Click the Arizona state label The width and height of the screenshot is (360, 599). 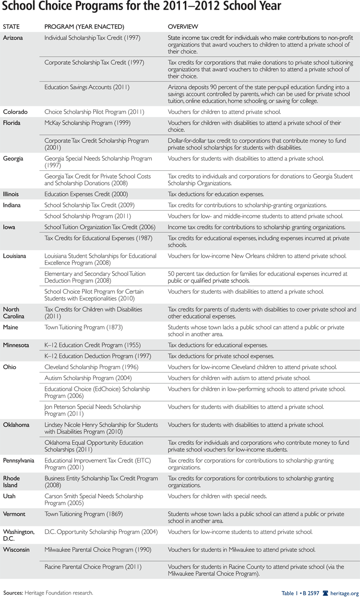(13, 38)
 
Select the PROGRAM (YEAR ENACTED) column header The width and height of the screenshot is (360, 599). (84, 26)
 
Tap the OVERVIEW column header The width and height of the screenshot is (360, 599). (183, 26)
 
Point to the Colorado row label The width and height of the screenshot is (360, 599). (15, 112)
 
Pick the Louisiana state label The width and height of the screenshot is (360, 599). (15, 256)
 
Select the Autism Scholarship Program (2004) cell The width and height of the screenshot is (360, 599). (85, 378)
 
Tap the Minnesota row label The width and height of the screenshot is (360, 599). (16, 345)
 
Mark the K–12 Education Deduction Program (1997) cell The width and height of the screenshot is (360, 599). (97, 356)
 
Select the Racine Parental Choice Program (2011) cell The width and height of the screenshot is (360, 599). (93, 567)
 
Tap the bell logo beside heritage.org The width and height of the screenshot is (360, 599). (325, 593)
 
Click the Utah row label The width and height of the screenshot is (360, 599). (10, 496)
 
